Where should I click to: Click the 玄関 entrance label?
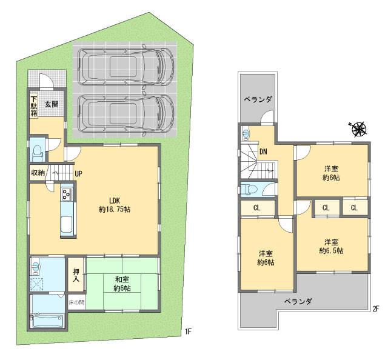click(51, 104)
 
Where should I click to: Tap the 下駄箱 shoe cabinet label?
click(34, 106)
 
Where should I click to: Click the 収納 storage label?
click(38, 173)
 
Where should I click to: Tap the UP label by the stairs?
click(78, 173)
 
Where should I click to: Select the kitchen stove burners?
click(66, 195)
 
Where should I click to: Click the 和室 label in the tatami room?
click(122, 279)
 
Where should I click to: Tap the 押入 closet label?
click(76, 276)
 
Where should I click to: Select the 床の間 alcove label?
click(76, 302)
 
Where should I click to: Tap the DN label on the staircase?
click(264, 152)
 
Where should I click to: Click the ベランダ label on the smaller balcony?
click(258, 99)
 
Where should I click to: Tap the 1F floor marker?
click(188, 332)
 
